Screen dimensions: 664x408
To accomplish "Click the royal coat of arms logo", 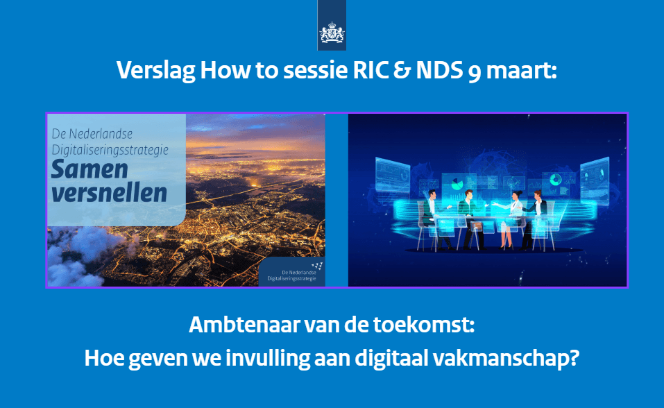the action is [x=332, y=33].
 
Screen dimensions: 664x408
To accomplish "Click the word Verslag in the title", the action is [x=155, y=70].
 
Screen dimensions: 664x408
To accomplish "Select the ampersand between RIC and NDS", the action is [x=402, y=70].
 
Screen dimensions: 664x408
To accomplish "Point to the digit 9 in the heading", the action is [x=475, y=72].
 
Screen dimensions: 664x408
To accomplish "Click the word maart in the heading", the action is [x=521, y=71].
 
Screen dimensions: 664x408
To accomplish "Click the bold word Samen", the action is [x=90, y=169].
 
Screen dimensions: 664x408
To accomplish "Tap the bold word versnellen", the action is [x=109, y=193].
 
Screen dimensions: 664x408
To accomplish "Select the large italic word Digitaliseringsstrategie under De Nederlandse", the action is [x=110, y=150].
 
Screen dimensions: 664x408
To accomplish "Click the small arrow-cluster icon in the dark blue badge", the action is [x=318, y=266].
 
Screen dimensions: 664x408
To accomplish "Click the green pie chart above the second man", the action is [x=457, y=185].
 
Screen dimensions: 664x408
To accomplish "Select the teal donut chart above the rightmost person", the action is [x=556, y=180].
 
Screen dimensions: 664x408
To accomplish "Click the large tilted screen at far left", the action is [x=393, y=175].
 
